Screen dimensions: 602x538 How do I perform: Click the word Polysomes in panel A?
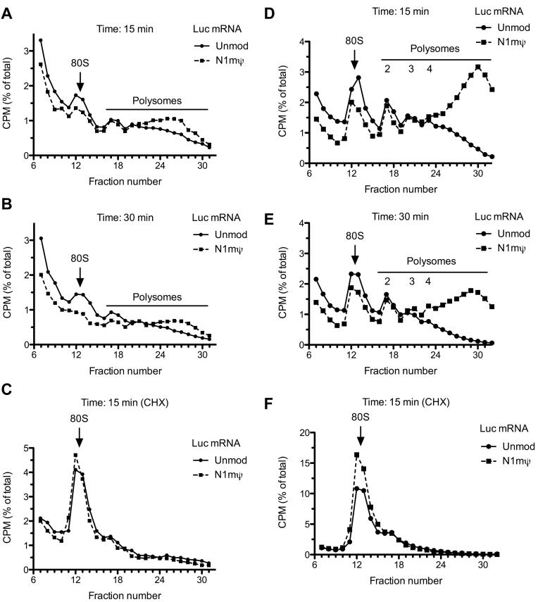coord(157,101)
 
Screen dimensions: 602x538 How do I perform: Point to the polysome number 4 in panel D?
coord(429,68)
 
